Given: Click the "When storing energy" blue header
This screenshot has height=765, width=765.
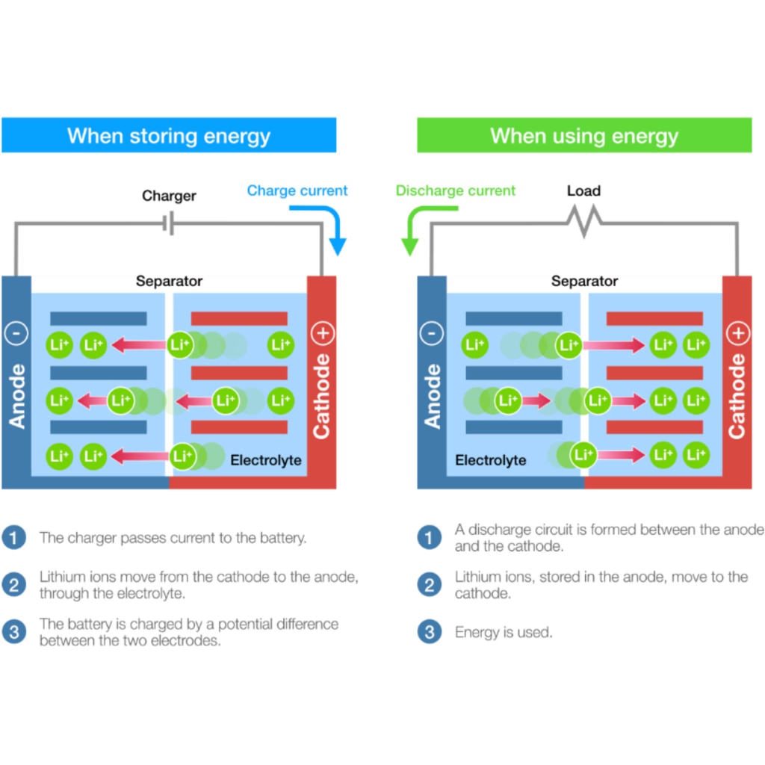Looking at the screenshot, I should [169, 136].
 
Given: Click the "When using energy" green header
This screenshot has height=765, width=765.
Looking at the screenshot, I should [584, 136].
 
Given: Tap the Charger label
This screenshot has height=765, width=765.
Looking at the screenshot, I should [170, 196].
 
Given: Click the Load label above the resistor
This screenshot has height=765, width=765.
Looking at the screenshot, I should [583, 191].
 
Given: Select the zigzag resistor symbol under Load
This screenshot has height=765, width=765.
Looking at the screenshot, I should [584, 221].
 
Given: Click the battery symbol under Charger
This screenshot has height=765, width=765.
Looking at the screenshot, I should [170, 222].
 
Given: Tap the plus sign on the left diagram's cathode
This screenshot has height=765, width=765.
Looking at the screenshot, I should [322, 334].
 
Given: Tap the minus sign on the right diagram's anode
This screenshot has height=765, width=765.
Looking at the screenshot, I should [431, 334].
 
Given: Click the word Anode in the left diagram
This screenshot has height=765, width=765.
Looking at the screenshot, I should [16, 396].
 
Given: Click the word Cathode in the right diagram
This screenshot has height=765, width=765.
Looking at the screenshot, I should [737, 396].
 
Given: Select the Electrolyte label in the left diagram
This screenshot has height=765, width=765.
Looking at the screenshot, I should [266, 460].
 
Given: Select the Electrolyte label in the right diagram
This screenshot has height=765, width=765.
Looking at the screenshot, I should [491, 460].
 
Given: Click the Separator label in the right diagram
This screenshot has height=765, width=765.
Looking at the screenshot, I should [584, 282].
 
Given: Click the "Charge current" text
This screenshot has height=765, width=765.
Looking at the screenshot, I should [297, 191].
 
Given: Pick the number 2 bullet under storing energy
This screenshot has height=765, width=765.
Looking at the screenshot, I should [13, 584].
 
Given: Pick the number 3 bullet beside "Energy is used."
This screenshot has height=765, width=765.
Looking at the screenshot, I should [429, 632].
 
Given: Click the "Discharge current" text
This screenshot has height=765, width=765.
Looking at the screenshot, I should [456, 191].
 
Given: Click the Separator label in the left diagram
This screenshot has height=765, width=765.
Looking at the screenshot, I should [169, 282].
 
